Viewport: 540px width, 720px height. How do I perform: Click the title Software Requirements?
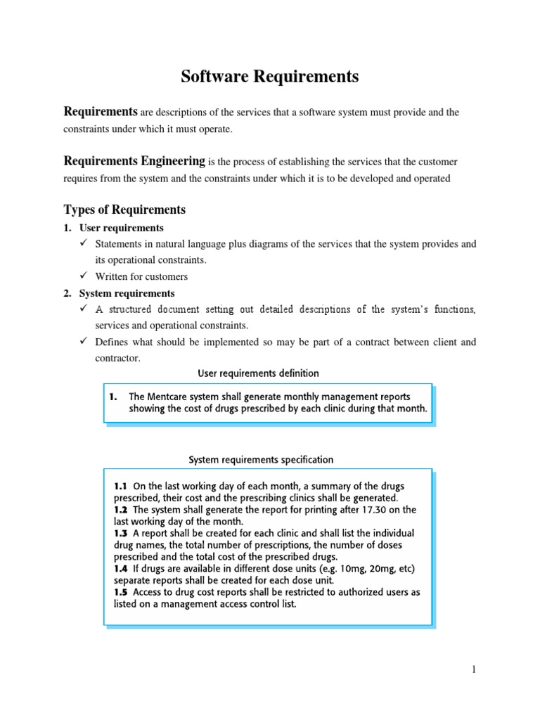point(270,77)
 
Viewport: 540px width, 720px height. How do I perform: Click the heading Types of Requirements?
point(124,210)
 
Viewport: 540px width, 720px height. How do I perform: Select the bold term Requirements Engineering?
point(134,161)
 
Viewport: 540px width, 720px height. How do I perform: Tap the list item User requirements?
point(121,228)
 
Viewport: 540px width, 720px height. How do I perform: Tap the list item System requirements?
point(127,293)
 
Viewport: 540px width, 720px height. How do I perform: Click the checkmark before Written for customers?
point(84,276)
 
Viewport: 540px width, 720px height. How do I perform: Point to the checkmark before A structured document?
point(84,309)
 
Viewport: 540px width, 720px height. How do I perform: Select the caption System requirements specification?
point(261,460)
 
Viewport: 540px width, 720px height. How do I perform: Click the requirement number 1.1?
point(121,486)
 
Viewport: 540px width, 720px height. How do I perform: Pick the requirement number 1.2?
point(121,510)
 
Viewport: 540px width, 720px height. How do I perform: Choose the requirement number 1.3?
point(121,533)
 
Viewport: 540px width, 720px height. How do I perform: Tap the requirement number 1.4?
point(121,568)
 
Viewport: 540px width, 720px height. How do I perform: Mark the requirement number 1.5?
point(121,592)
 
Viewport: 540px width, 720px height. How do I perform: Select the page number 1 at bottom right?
point(475,669)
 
